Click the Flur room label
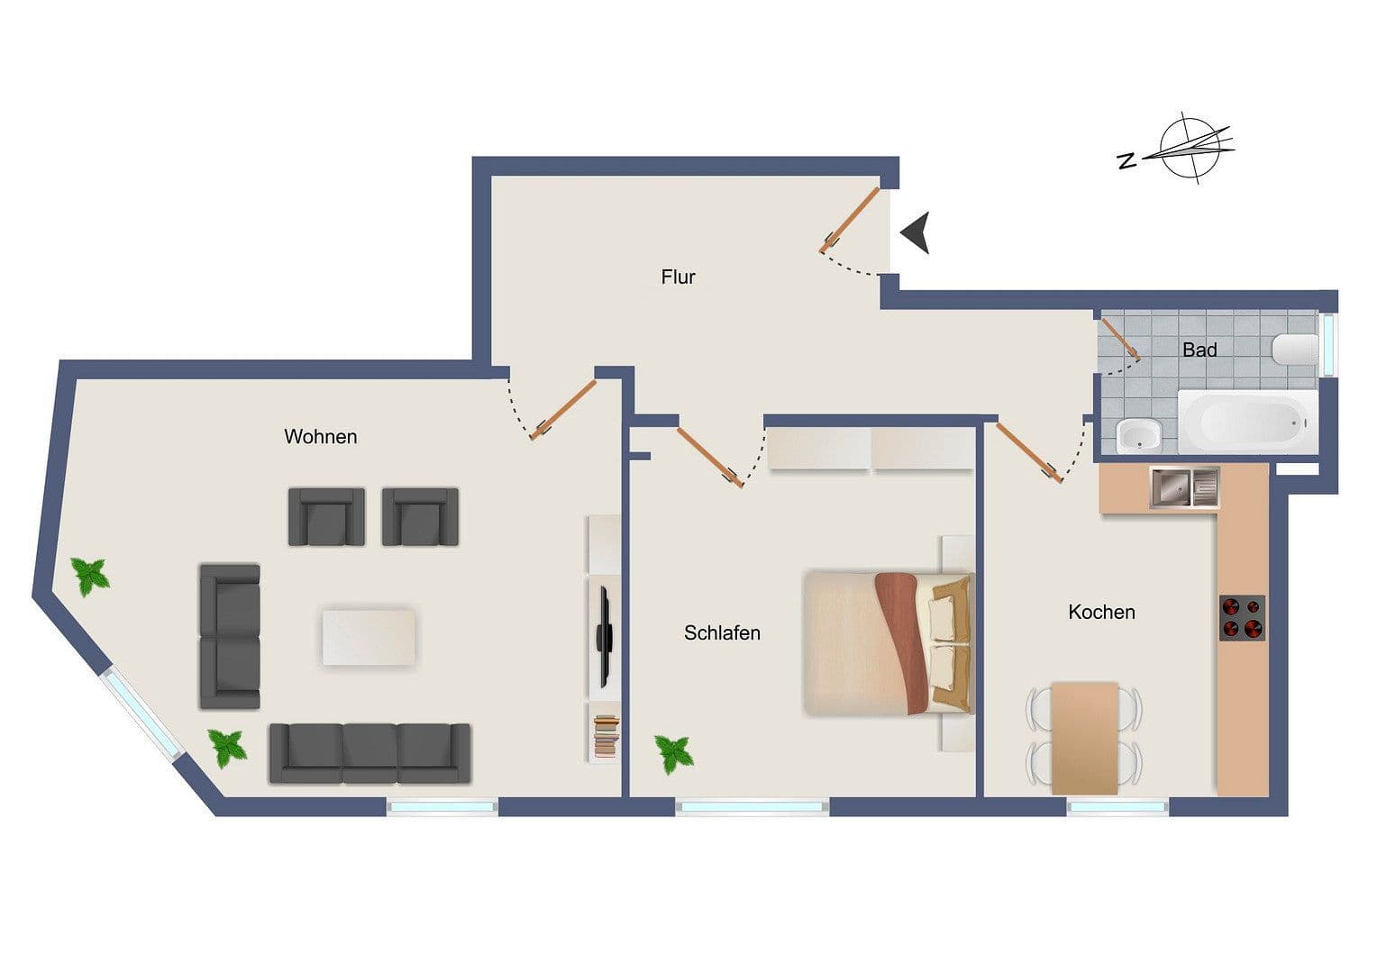(x=678, y=277)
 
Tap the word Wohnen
(x=320, y=437)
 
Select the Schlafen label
(x=722, y=633)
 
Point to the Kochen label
(x=1101, y=613)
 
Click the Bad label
(x=1199, y=350)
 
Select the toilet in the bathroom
(x=1295, y=349)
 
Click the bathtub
(x=1245, y=423)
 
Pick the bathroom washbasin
(x=1139, y=437)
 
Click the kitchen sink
(x=1184, y=487)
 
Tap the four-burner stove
(x=1242, y=617)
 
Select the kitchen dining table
(x=1085, y=737)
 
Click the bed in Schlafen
(x=887, y=642)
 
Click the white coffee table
(x=369, y=638)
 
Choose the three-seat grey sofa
(x=369, y=753)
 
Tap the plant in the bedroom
(x=674, y=753)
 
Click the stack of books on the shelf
(x=606, y=734)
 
